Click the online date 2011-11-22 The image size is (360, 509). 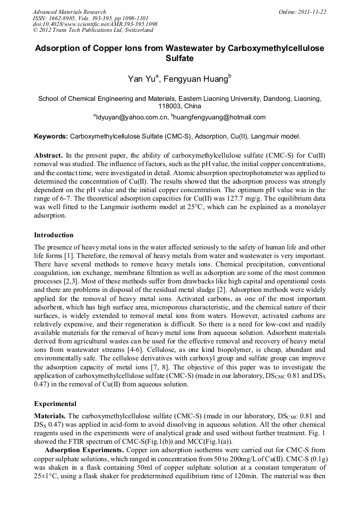313,12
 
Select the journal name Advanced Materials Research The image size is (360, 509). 69,12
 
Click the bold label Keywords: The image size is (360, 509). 51,136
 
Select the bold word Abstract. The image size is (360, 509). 48,156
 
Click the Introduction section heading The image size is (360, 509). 54,235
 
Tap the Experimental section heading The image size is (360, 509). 55,403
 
